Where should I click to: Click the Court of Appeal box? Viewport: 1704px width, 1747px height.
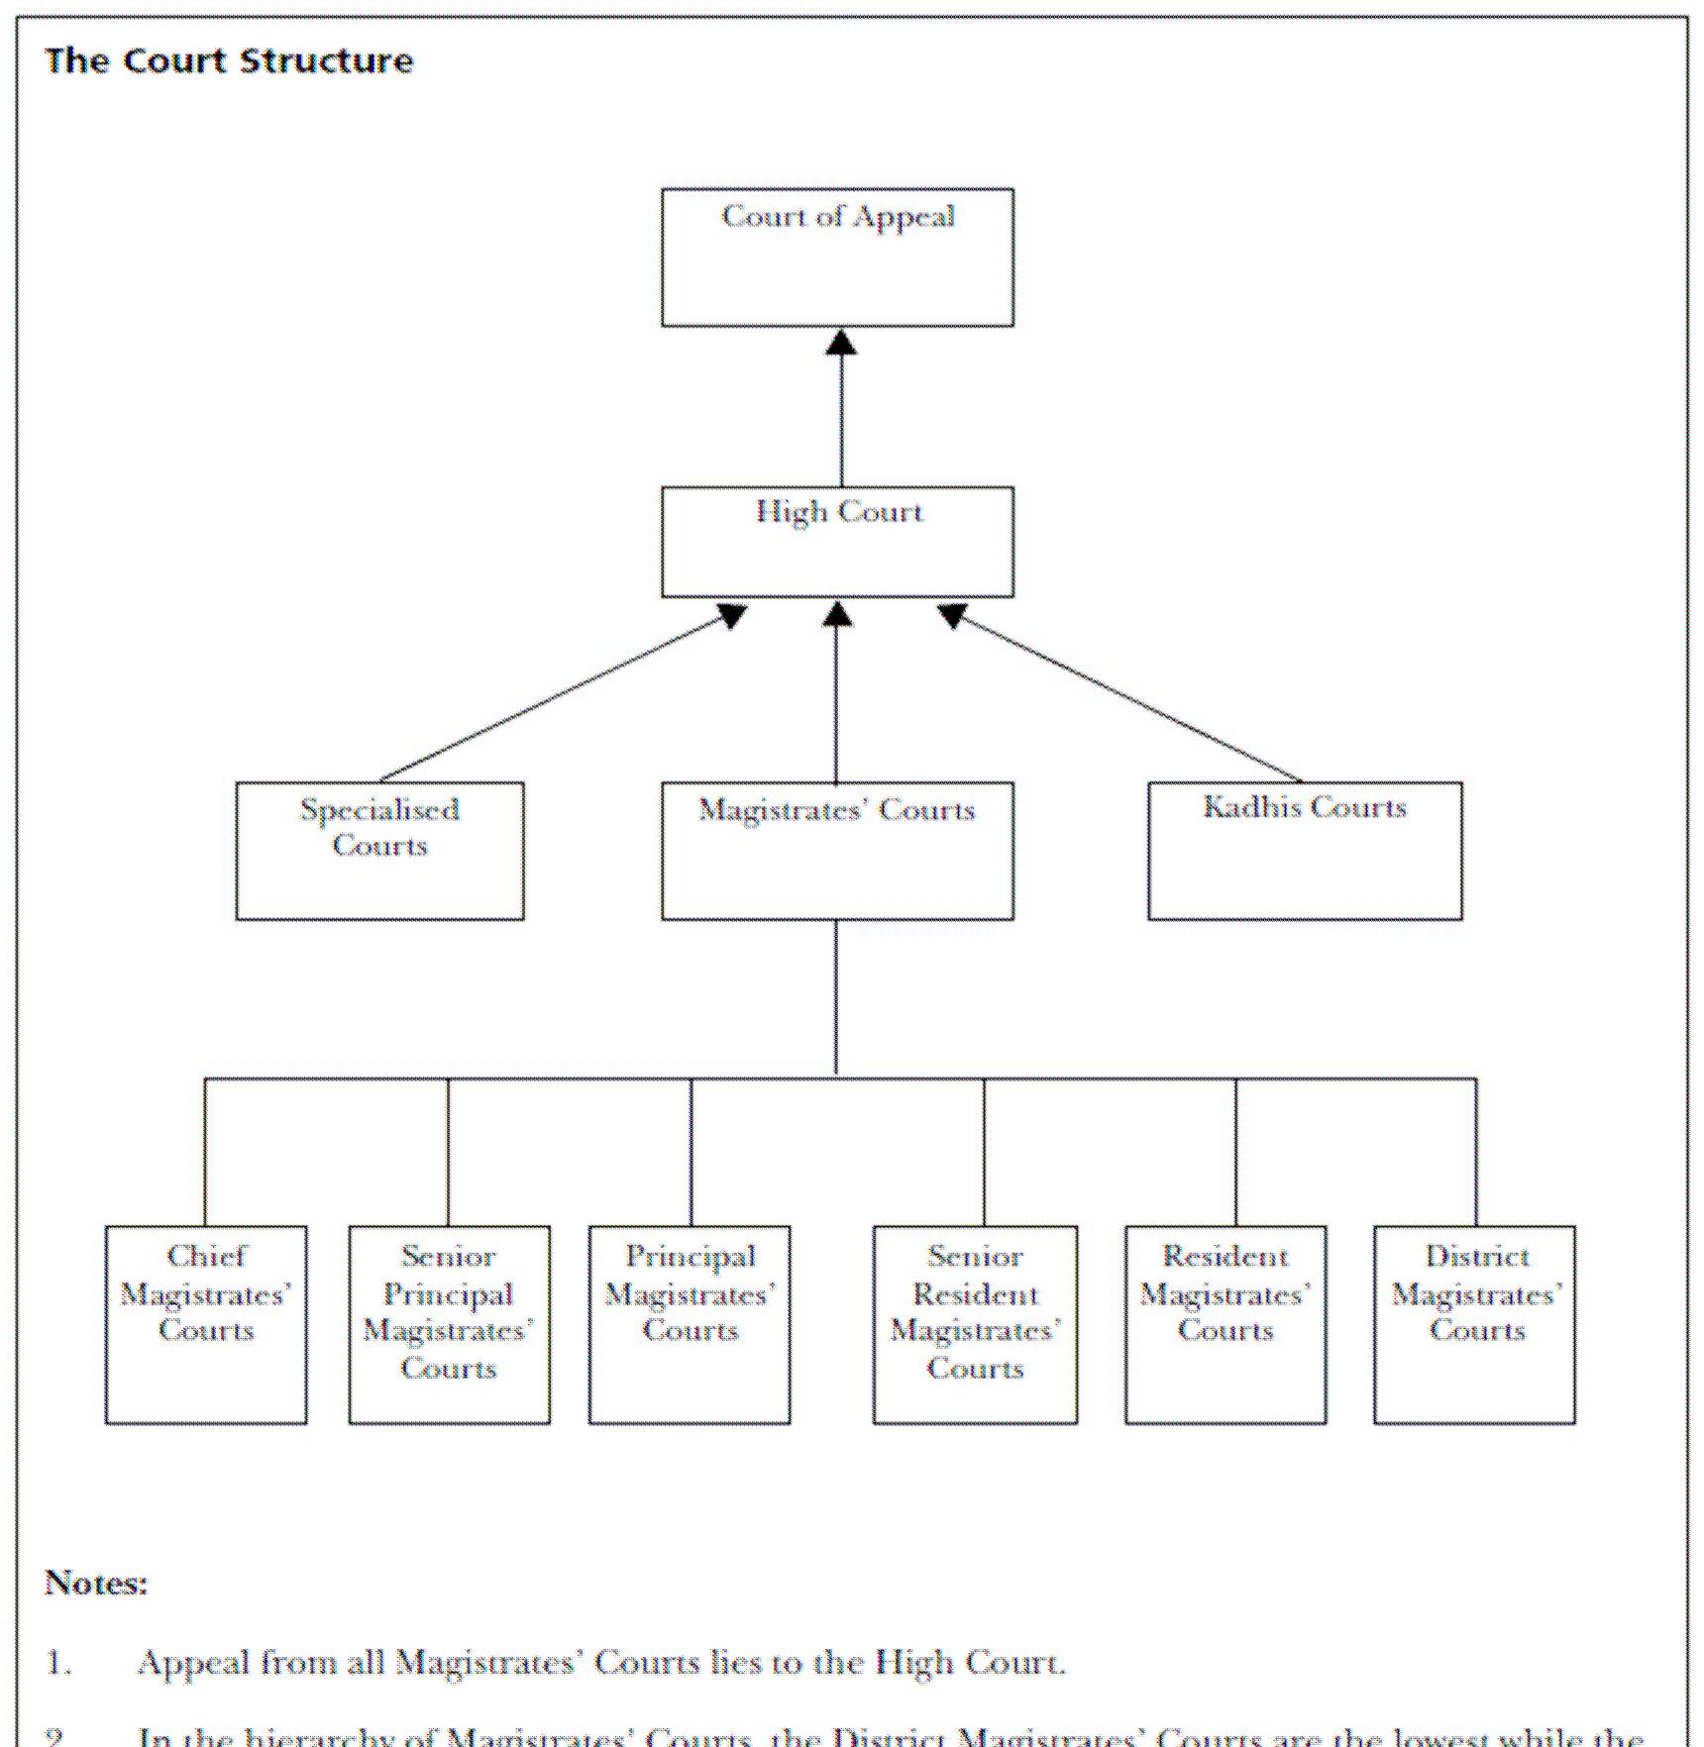(837, 257)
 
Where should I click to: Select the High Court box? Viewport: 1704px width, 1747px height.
(837, 542)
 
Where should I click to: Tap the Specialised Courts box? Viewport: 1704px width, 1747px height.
(379, 851)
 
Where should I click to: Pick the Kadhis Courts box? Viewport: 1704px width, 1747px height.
(1304, 851)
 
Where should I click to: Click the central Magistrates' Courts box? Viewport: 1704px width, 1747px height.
(837, 851)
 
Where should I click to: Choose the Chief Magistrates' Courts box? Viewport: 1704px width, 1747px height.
(206, 1324)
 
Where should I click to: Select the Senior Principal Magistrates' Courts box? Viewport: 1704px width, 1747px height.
(449, 1324)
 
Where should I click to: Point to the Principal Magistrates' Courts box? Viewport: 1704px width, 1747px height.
(690, 1324)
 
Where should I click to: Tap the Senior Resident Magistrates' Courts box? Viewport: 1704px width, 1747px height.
(975, 1324)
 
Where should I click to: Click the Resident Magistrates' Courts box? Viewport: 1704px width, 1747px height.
(1225, 1324)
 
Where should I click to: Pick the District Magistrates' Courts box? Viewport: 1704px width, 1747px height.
(1474, 1324)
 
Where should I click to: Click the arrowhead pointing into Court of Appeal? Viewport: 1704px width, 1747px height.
(841, 343)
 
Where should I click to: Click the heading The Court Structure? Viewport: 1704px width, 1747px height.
(229, 61)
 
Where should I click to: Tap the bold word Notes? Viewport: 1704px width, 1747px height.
(95, 1584)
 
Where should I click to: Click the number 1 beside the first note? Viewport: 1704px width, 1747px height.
(57, 1663)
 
